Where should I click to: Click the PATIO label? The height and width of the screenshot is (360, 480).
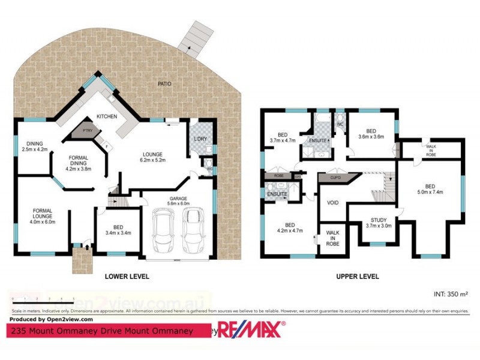[164, 83]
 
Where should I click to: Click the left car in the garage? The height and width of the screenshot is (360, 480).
[163, 231]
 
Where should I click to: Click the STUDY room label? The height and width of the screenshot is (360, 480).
[378, 221]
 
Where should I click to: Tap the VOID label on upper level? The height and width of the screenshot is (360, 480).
[333, 202]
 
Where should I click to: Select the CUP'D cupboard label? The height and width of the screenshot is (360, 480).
[335, 178]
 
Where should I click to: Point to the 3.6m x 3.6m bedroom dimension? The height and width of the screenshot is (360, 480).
[371, 137]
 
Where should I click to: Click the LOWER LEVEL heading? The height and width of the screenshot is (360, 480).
[127, 277]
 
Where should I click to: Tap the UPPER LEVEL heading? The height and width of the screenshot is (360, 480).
[357, 277]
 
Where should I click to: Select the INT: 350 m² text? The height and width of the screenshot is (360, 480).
[450, 294]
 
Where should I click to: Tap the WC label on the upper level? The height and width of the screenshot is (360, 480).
[340, 125]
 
